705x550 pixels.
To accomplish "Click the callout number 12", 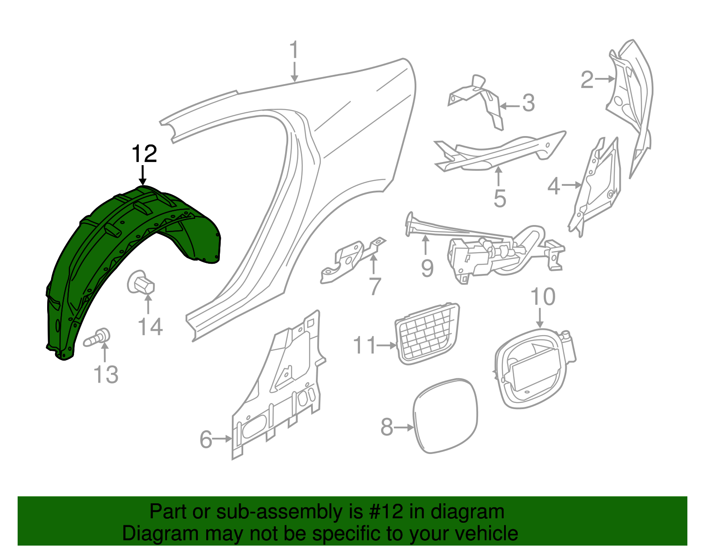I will tap(144, 154).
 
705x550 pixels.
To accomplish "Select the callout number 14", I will tap(150, 327).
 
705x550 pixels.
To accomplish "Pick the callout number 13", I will tap(106, 375).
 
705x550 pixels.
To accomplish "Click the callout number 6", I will tap(206, 439).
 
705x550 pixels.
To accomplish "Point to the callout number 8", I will tap(387, 427).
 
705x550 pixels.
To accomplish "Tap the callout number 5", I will tap(500, 199).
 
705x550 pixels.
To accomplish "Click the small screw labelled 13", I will tap(98, 338).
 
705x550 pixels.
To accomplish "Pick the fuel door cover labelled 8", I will tap(445, 416).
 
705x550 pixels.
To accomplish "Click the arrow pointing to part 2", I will tap(605, 79).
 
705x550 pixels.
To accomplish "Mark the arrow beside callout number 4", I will tap(571, 185).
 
